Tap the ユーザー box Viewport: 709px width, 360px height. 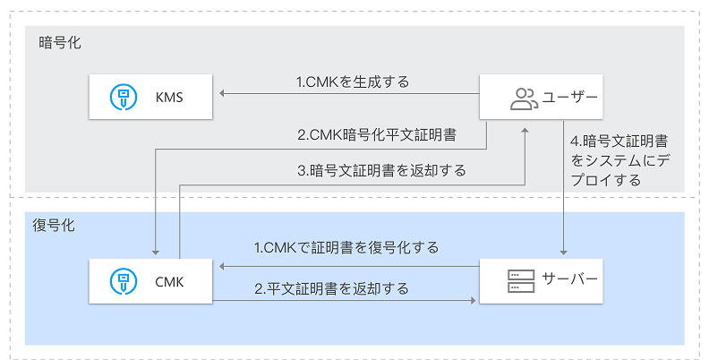[541, 96]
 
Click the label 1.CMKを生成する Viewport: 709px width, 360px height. [353, 82]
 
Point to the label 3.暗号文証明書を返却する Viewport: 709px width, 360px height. [381, 170]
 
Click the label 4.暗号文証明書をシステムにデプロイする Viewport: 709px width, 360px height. [622, 160]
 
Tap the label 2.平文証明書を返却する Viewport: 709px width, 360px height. [331, 288]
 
